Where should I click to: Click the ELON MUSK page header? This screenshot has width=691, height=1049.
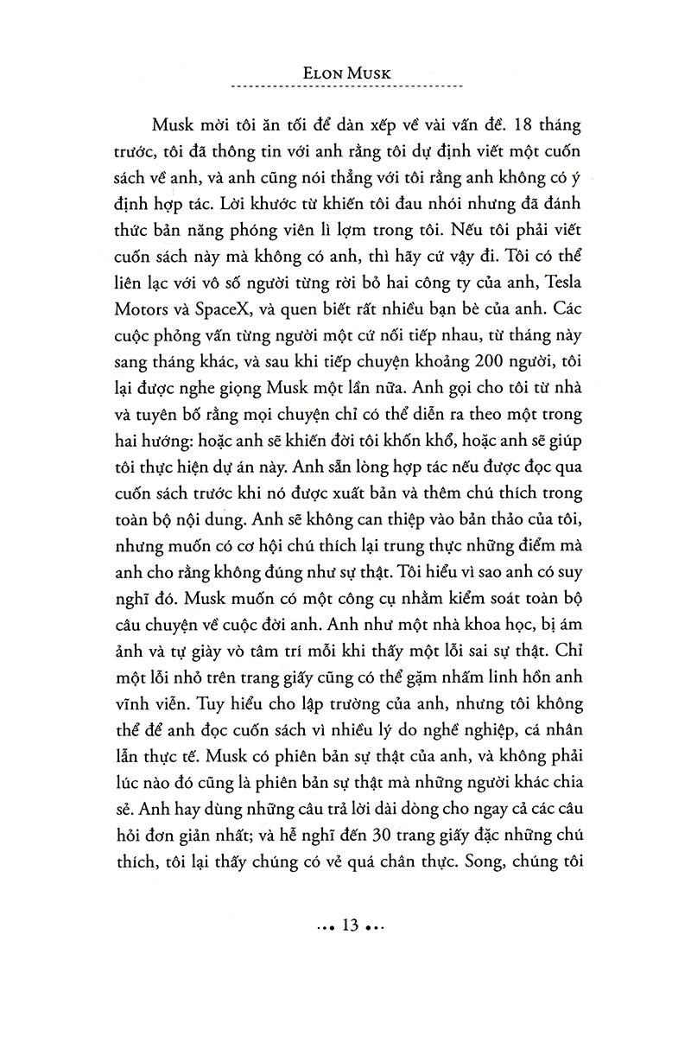349,73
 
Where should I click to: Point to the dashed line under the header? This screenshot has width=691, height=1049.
349,88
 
